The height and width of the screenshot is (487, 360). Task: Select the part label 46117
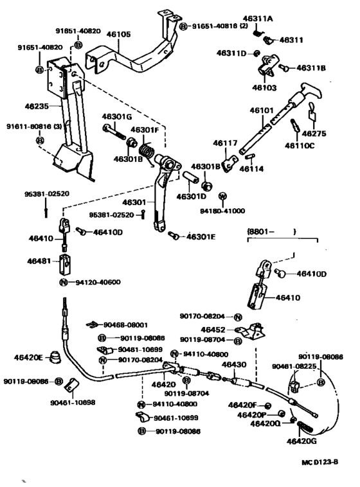226,143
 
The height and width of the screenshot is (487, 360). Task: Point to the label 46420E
29,357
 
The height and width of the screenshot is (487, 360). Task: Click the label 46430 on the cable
234,364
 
